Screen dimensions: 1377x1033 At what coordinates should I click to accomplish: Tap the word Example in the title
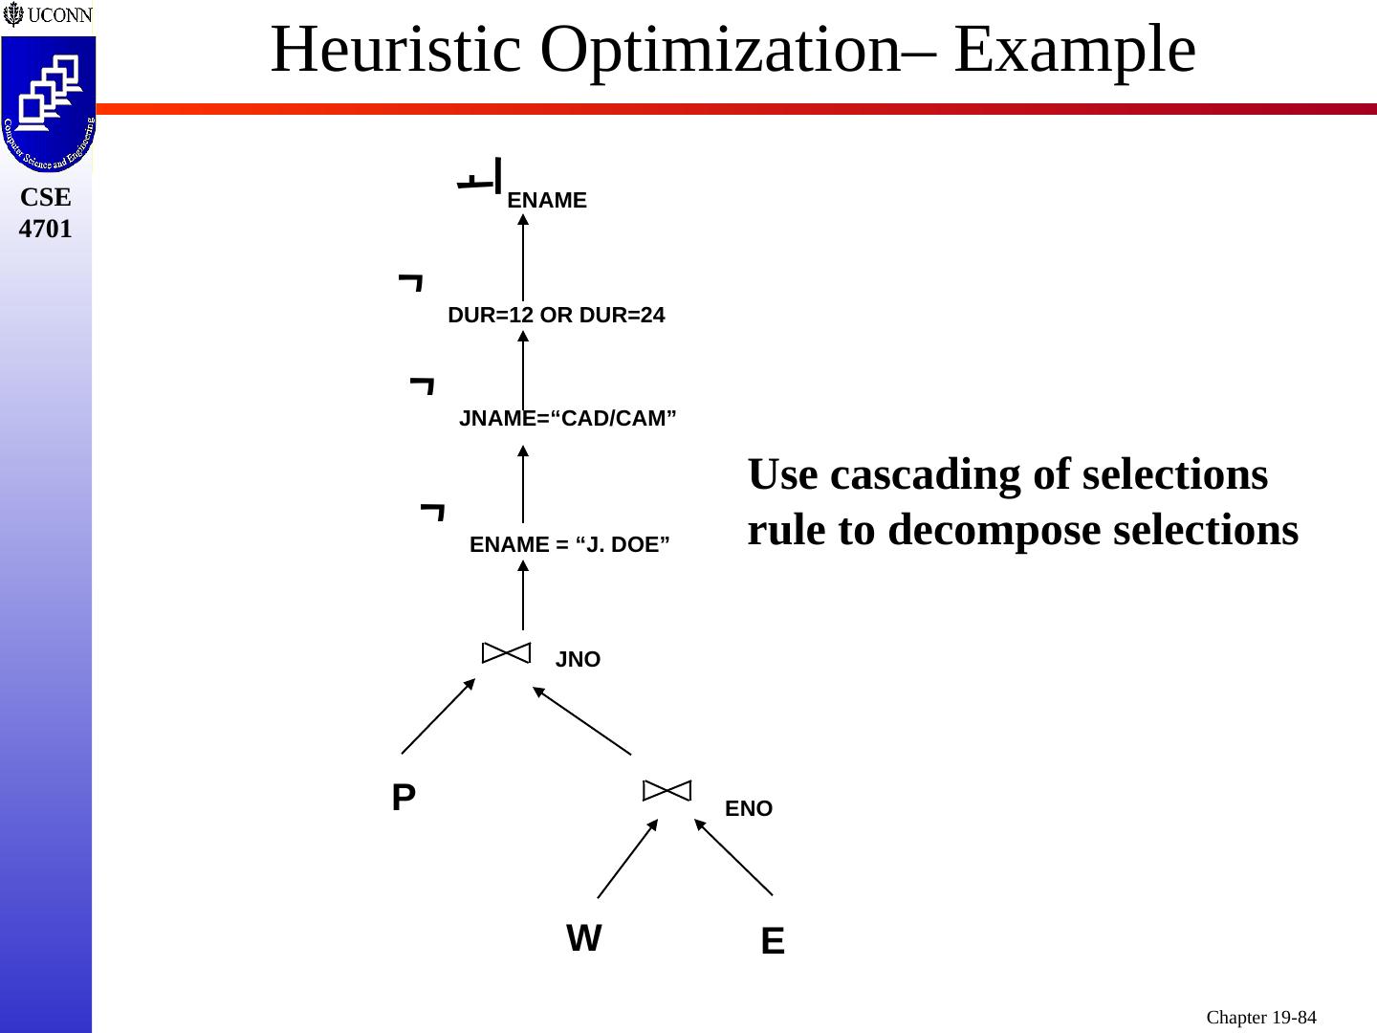(1075, 50)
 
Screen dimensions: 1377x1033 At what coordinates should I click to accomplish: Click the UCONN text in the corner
(58, 15)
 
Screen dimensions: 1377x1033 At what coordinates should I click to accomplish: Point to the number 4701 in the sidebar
(46, 230)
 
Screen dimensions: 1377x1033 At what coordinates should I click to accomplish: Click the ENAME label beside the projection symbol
(547, 201)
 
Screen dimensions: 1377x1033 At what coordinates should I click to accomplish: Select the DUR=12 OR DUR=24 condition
(556, 316)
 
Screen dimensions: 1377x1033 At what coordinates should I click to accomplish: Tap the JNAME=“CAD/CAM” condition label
(568, 419)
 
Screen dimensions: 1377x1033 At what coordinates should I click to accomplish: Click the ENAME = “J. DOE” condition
(570, 545)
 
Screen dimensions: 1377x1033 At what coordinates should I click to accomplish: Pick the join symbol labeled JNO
(506, 652)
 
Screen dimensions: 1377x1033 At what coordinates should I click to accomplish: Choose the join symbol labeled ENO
(667, 790)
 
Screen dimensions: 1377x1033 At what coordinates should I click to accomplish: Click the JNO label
(578, 660)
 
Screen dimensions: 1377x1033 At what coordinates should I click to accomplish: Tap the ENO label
(749, 809)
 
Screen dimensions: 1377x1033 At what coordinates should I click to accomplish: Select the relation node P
(404, 798)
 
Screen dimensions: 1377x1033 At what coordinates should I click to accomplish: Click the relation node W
(584, 938)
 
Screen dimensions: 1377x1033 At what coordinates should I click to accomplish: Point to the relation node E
(773, 942)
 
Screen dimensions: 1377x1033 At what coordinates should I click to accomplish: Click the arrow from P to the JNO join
(438, 716)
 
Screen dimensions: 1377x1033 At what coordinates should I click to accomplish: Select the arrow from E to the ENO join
(733, 858)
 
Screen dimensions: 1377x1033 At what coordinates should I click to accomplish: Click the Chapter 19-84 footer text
(1260, 1018)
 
